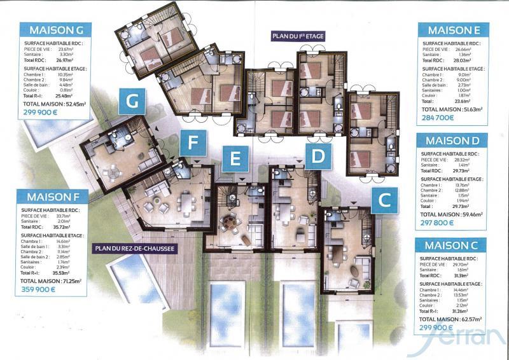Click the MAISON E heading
click(x=454, y=30)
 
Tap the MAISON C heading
click(x=454, y=245)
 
